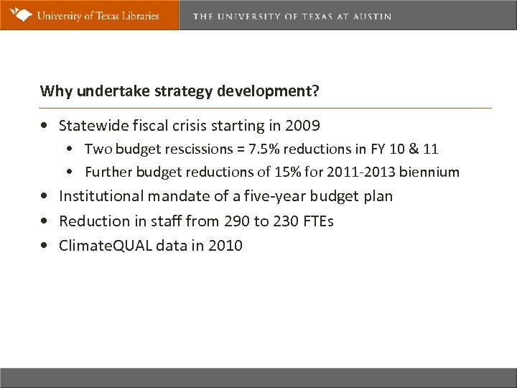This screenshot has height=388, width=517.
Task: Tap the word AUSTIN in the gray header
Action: (372, 16)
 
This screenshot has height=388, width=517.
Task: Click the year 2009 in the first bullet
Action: (304, 126)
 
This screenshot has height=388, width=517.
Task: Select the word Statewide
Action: (92, 126)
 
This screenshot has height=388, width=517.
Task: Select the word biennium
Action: (431, 172)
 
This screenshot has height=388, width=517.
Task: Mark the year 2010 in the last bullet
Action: (226, 246)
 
